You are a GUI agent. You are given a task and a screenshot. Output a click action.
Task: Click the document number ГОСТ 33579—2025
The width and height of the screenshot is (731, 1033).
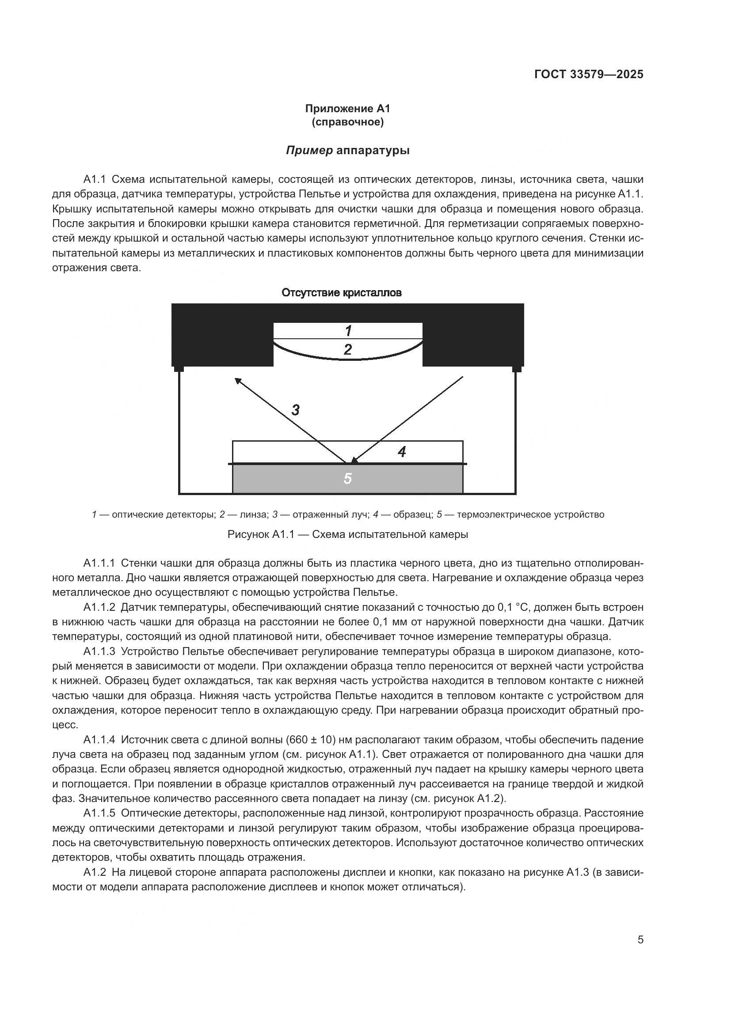pos(589,75)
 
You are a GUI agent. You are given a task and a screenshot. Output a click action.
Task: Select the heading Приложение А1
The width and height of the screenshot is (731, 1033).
pos(347,109)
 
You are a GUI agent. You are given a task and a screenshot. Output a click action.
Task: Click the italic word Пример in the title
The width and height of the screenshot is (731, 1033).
pos(309,150)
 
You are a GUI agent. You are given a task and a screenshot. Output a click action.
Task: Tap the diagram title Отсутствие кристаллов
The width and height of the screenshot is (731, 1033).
pos(341,293)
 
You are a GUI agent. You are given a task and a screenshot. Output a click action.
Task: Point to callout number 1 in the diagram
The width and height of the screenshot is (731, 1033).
pos(348,331)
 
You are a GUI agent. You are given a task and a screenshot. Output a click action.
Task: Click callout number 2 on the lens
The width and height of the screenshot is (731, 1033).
pos(347,350)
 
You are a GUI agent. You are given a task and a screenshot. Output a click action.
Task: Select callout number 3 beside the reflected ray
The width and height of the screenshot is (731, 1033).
pos(295,410)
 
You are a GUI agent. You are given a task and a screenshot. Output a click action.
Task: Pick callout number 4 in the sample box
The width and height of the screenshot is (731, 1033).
pos(402,452)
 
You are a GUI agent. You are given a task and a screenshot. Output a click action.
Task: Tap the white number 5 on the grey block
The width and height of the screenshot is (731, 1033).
pos(347,478)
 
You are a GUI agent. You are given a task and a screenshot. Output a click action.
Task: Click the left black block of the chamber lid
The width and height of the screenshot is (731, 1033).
pos(222,335)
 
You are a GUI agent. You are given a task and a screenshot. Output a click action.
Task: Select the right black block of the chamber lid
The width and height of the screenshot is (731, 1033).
pos(472,335)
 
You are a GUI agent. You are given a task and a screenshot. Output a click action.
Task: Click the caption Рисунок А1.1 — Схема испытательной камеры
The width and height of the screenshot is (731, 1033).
pos(347,534)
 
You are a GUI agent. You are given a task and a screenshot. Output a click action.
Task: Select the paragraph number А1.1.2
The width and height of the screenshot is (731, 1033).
pos(99,607)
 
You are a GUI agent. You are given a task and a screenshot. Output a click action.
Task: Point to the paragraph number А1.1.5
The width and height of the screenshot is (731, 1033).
pos(99,813)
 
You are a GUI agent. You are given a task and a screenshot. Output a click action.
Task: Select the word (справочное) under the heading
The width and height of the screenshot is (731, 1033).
pos(347,122)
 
